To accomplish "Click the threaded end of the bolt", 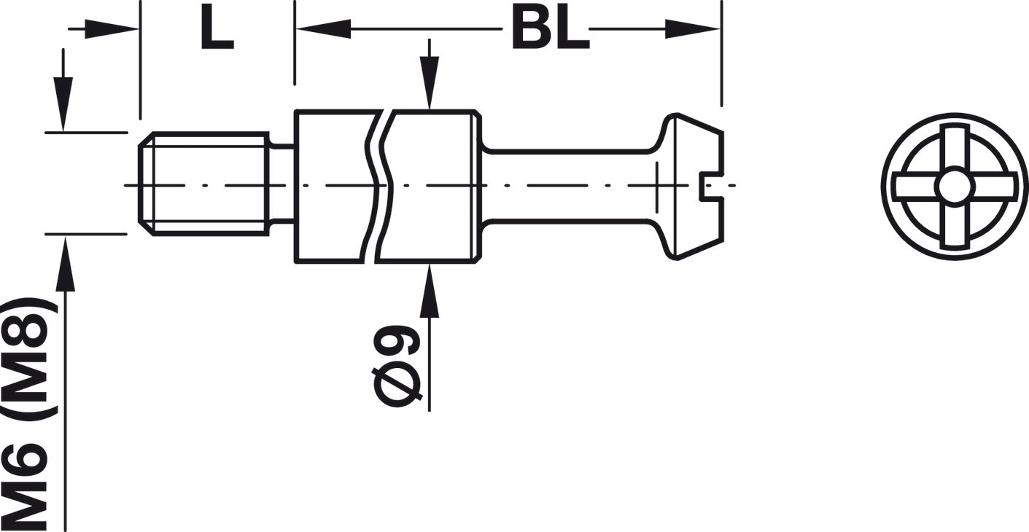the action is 203,184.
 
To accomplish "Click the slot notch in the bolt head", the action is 712,187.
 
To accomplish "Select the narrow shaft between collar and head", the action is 567,186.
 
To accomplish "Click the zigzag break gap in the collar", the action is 378,187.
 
